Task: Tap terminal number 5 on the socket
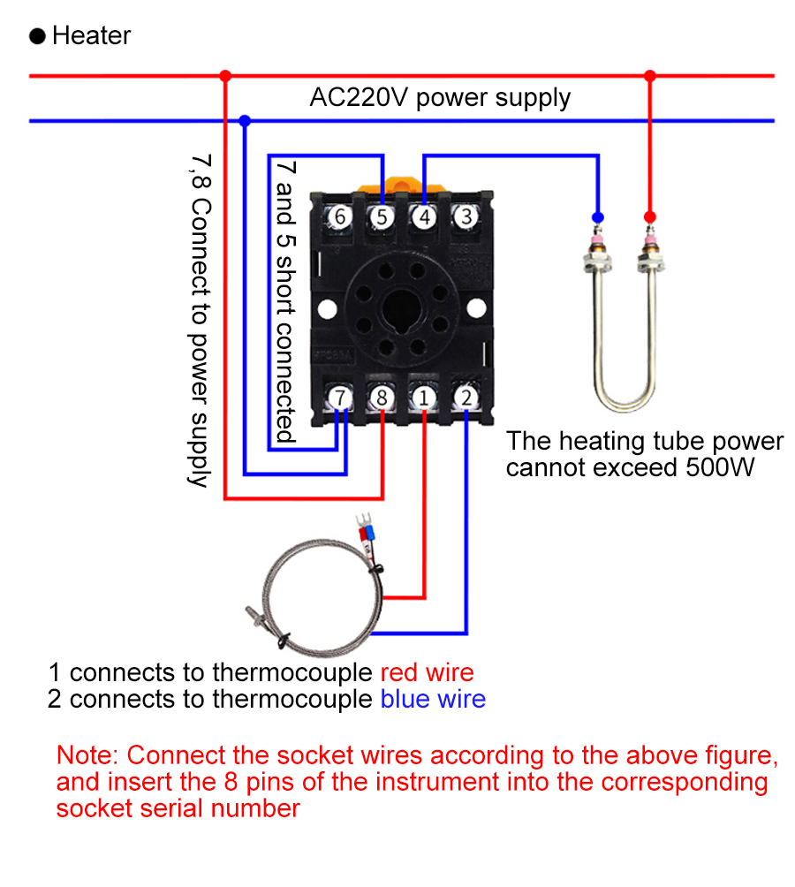[382, 216]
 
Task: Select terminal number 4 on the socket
[424, 216]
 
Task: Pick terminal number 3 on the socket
[467, 216]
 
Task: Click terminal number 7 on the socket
[340, 398]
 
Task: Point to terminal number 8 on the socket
[382, 398]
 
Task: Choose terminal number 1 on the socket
[424, 398]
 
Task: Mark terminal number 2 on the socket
[466, 398]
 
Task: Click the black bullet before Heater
[38, 36]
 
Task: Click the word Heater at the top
[91, 36]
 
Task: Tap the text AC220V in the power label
[359, 97]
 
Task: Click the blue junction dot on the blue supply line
[245, 120]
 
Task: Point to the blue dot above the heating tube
[598, 216]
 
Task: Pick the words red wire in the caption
[427, 672]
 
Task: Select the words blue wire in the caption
[433, 700]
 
